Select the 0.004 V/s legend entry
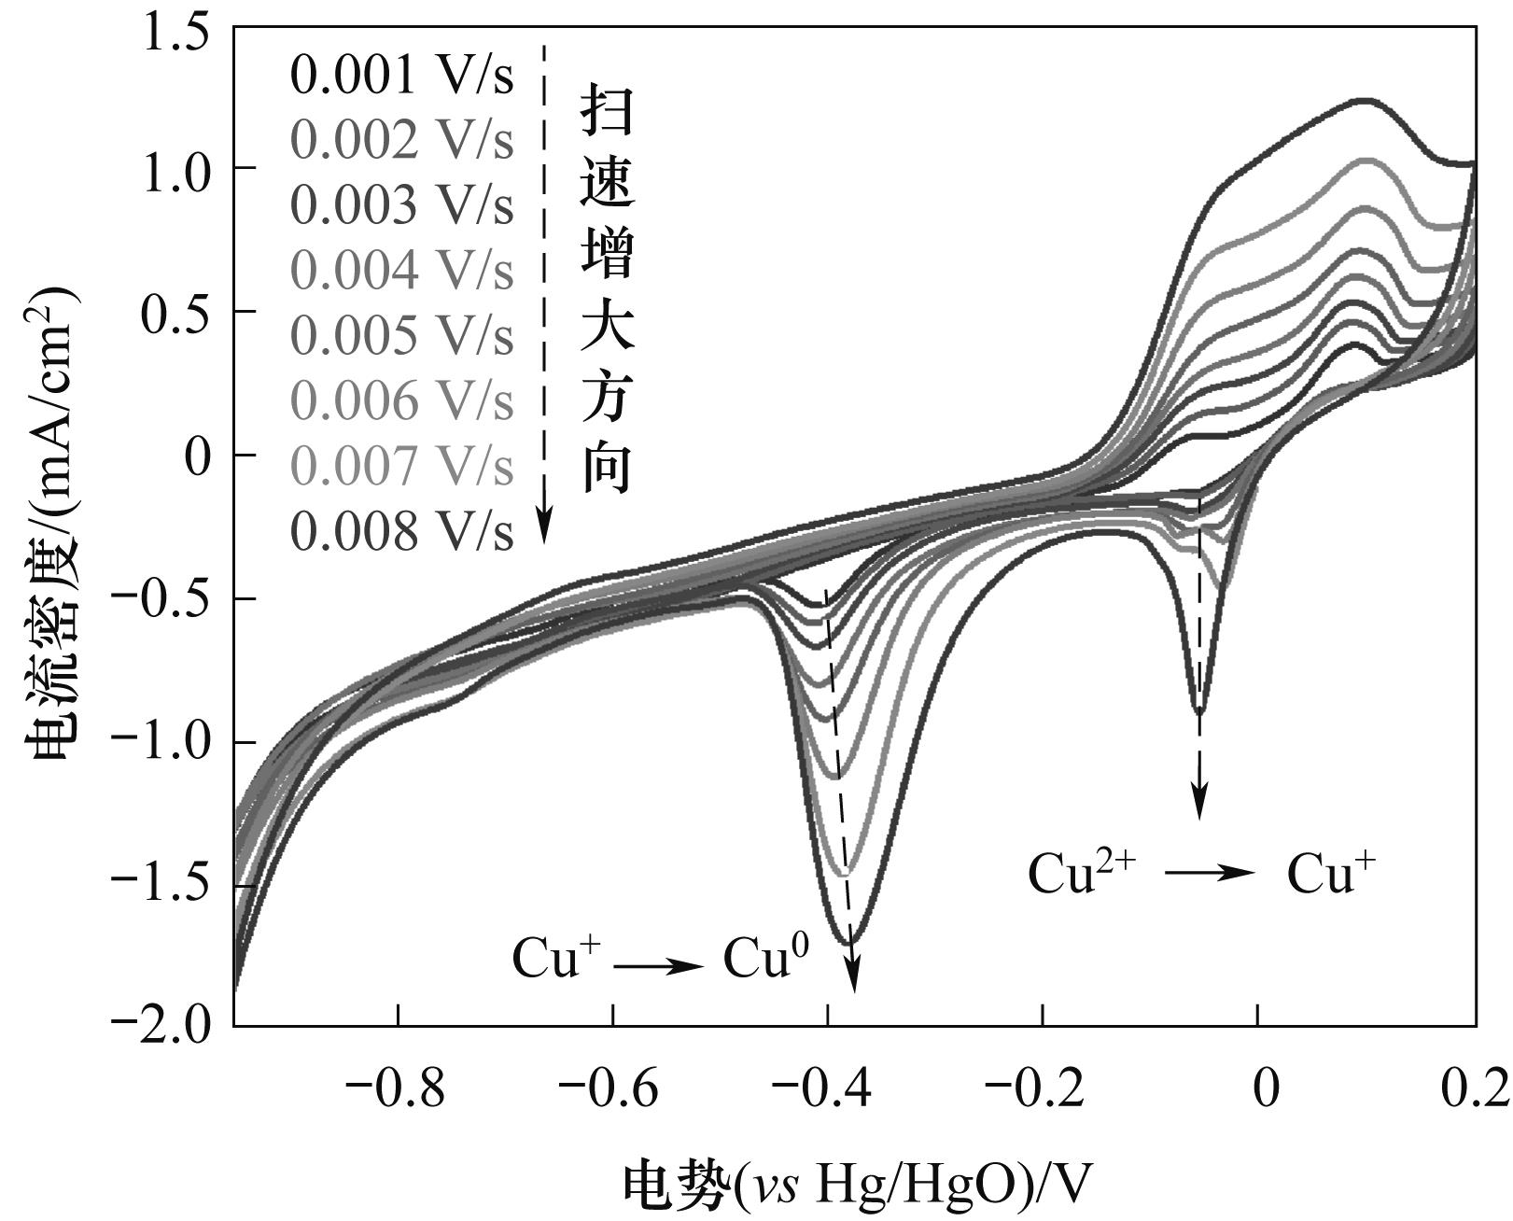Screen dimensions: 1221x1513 (x=401, y=271)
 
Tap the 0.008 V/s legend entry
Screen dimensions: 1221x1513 (x=401, y=531)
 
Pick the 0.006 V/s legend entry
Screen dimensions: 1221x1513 (x=401, y=401)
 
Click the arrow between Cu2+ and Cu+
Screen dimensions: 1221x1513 (x=1210, y=873)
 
